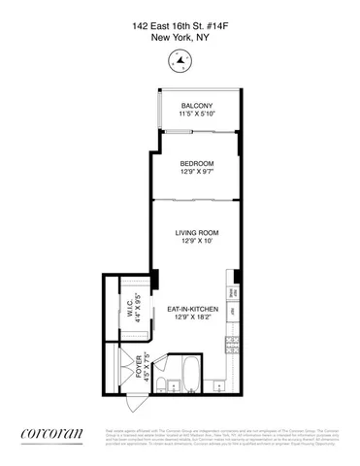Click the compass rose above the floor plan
[x=180, y=63]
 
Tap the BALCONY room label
[x=195, y=105]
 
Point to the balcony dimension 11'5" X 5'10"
[x=195, y=114]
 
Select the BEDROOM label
[x=195, y=163]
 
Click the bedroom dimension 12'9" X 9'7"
[x=195, y=172]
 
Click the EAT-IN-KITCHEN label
[x=190, y=309]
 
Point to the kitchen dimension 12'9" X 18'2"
[x=190, y=317]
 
